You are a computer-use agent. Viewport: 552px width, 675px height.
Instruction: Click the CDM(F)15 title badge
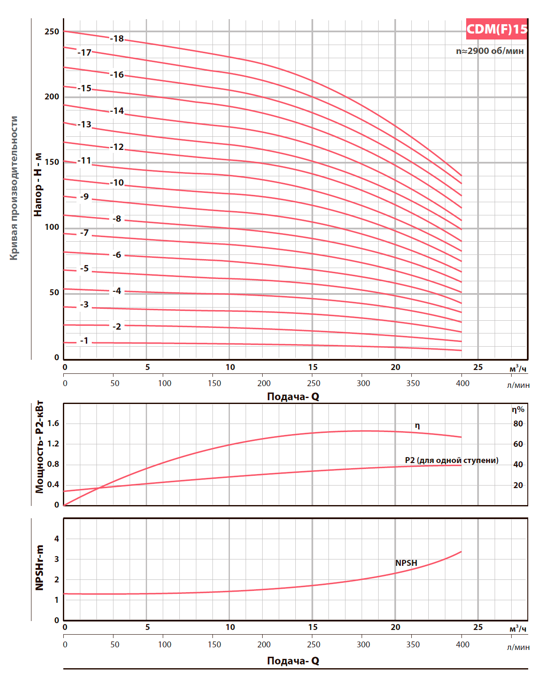point(496,29)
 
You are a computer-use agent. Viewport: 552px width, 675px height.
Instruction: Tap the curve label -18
point(117,39)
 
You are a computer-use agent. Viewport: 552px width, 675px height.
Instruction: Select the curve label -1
point(84,341)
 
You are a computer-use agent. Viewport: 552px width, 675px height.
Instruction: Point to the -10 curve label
point(117,183)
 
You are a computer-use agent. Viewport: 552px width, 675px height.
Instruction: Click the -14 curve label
point(117,111)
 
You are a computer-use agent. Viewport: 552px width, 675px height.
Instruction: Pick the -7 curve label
point(84,233)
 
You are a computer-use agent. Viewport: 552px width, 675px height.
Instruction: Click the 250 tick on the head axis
point(52,32)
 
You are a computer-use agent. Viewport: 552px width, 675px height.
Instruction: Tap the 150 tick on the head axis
point(52,162)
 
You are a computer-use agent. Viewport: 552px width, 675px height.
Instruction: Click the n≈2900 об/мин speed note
point(490,51)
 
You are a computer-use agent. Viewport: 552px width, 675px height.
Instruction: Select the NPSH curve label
point(406,563)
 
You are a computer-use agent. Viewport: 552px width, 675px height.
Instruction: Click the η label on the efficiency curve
point(417,426)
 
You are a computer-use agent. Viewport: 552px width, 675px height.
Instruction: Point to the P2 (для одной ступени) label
point(451,460)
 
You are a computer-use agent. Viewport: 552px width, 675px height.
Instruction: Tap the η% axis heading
point(518,410)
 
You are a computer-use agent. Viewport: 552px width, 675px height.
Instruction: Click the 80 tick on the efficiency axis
point(518,424)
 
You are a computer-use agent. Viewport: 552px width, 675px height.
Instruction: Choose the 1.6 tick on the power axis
point(53,423)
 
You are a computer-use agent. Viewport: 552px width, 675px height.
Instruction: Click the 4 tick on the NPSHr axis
point(57,539)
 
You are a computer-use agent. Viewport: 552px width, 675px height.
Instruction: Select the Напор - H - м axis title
point(38,185)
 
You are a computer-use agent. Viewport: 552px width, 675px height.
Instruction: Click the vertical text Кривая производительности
point(14,188)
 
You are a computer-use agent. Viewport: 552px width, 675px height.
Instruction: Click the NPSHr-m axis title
point(40,568)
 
